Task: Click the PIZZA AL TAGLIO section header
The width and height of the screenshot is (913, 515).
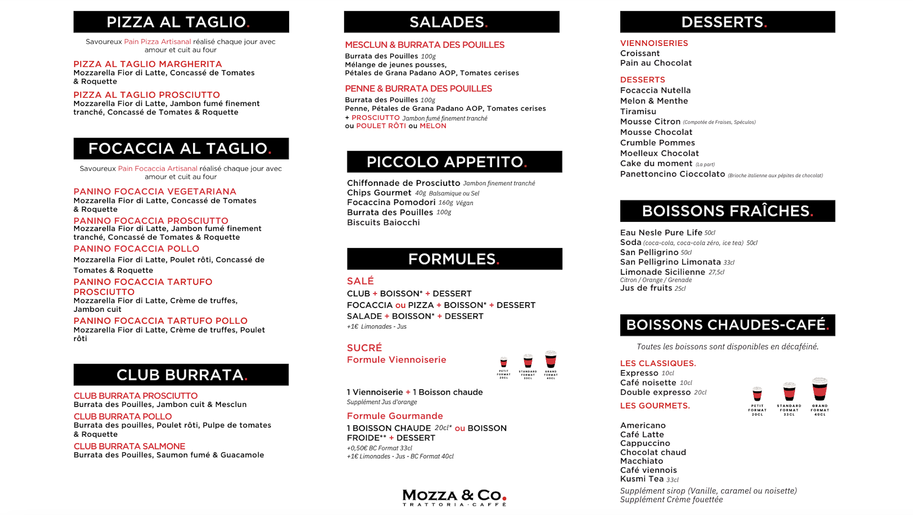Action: [181, 22]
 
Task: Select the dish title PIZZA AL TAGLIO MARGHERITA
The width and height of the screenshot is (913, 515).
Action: [148, 64]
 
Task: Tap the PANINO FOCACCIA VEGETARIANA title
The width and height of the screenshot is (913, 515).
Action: [154, 191]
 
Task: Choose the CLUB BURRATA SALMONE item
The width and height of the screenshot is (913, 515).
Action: [129, 446]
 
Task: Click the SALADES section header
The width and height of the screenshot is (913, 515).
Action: [451, 22]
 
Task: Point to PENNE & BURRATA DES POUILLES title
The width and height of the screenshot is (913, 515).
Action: [418, 89]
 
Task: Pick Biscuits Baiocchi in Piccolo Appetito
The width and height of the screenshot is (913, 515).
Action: [383, 223]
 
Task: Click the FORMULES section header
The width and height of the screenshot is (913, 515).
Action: [454, 259]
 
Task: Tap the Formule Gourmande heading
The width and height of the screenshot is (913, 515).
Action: [395, 416]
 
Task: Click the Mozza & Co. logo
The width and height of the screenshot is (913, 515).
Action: [454, 496]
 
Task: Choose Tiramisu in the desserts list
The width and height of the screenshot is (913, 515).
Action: [638, 111]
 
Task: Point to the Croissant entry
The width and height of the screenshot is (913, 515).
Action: [640, 53]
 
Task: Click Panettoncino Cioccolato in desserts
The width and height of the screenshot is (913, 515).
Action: [673, 174]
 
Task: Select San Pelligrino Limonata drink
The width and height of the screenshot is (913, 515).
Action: [670, 262]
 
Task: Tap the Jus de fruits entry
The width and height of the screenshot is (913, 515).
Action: [646, 288]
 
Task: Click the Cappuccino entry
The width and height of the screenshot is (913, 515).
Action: [645, 443]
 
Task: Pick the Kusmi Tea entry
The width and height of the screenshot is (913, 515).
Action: [641, 479]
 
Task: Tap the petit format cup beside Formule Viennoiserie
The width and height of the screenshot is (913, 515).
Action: [503, 362]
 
